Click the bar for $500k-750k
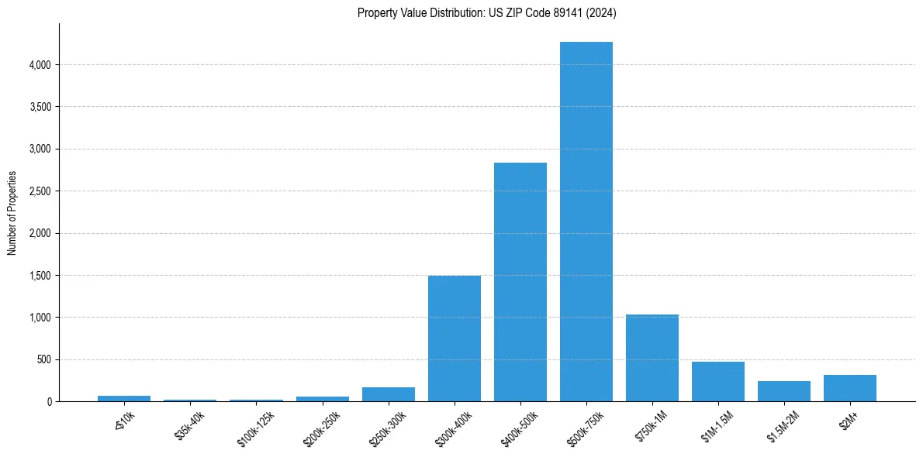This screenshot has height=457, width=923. coord(586,222)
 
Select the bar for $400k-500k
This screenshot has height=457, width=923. coord(520,282)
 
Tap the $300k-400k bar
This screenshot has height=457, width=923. coord(455,338)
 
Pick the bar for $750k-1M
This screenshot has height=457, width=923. coord(652,358)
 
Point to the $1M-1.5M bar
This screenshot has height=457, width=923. coord(718,382)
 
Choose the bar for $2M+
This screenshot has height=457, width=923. coord(850,388)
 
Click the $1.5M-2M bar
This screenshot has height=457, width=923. coord(784,391)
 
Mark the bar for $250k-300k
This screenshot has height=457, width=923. coord(389,394)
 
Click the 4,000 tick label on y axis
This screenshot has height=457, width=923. coord(40,65)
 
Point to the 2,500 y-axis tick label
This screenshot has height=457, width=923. coord(40,191)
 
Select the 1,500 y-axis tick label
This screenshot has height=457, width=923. coord(40,276)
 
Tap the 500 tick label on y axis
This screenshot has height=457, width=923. coord(43,360)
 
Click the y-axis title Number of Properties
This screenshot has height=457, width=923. coord(12,212)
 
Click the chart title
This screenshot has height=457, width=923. coord(487,13)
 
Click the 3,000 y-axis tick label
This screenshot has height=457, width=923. coord(40,149)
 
